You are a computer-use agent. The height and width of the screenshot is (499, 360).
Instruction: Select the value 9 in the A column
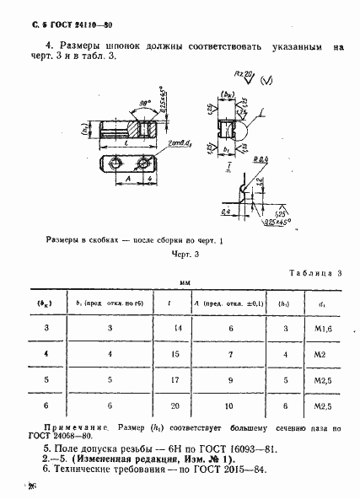point(230,405)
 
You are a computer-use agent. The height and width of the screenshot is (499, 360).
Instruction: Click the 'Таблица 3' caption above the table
point(314,273)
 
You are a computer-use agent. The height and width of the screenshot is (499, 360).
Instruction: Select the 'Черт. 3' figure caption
point(184,252)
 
